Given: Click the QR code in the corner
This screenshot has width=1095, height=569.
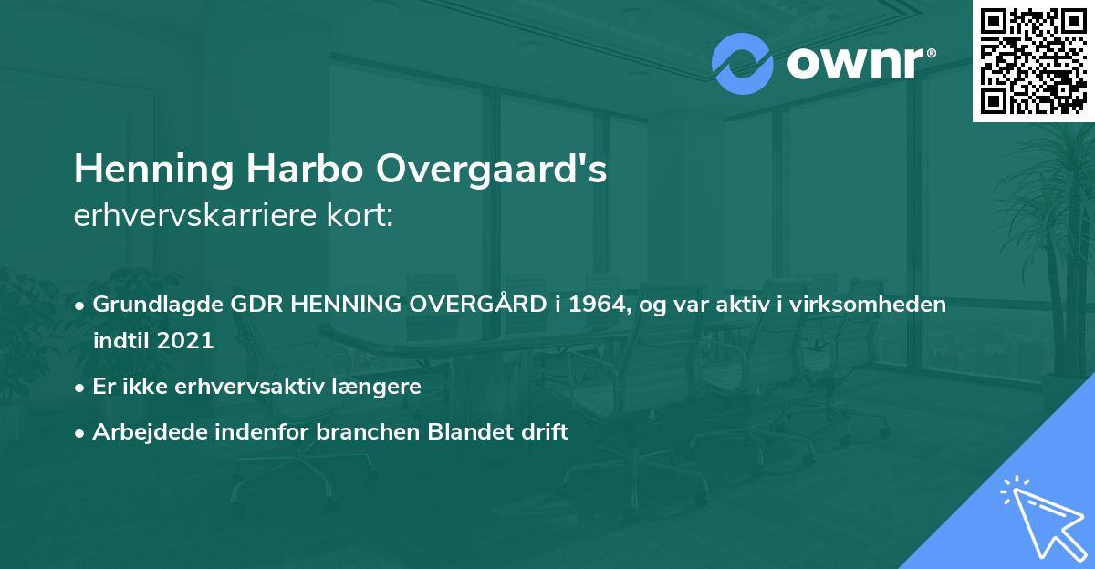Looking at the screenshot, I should pos(1033,60).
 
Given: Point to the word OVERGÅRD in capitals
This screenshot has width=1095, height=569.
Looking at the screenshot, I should pos(473,305).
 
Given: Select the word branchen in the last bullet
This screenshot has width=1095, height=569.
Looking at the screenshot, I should pos(370,431).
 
